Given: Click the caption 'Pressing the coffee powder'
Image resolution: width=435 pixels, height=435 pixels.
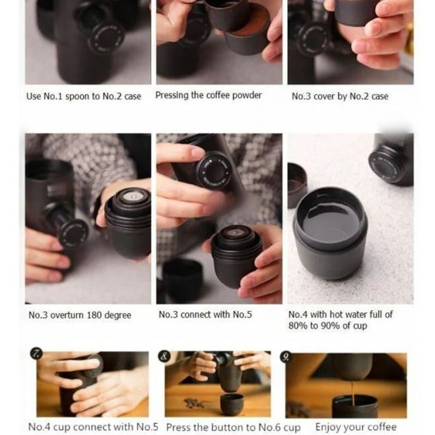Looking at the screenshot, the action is (x=208, y=95).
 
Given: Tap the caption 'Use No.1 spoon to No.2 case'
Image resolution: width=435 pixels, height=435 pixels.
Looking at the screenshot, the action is (x=83, y=96).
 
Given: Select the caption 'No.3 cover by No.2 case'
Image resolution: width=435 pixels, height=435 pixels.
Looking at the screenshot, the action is (x=340, y=96).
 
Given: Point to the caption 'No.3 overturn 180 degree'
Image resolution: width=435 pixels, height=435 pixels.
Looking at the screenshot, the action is (x=80, y=315).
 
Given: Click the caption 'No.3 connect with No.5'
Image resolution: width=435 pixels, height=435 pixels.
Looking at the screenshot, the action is (x=205, y=314).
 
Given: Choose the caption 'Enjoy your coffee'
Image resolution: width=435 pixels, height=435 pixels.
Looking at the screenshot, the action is (x=356, y=426).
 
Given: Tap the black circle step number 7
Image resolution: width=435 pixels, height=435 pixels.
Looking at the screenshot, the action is (x=36, y=354).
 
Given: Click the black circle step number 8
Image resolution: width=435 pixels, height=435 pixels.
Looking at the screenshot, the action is (x=164, y=356).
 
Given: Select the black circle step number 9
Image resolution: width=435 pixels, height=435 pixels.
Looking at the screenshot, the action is (x=286, y=356).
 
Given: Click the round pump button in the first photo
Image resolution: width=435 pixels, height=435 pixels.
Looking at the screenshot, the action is (x=107, y=38).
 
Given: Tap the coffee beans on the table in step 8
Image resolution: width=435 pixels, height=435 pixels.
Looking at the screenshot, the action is (x=192, y=404).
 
